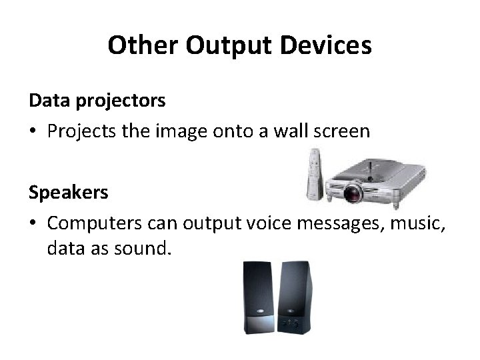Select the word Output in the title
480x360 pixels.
[221, 46]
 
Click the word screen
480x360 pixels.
[341, 131]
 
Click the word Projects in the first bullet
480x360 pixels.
[79, 131]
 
